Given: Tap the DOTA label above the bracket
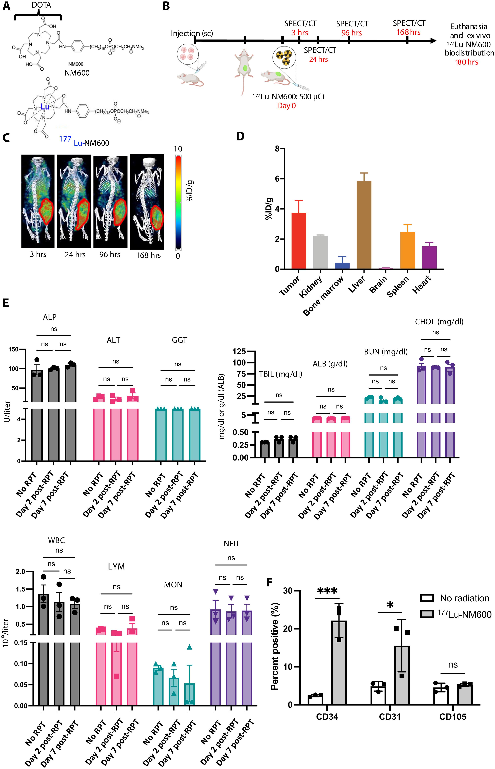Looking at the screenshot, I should (41, 5).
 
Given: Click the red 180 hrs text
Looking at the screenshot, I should (467, 62).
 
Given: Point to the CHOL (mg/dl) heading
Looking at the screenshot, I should (439, 321).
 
